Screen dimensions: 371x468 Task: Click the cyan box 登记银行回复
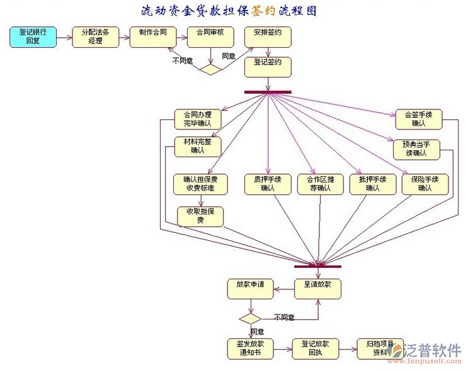[33, 37]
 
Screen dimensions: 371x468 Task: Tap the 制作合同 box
[152, 37]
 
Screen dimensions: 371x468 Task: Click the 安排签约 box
[268, 37]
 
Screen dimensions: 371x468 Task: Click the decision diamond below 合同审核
[210, 69]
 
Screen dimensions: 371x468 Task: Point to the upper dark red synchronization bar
[268, 92]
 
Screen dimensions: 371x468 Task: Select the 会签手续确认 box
[418, 119]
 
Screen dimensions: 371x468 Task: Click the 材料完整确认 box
[197, 146]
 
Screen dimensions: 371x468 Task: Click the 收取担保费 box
[200, 216]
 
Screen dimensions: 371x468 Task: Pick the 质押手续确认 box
[268, 184]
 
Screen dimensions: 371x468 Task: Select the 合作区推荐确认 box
[320, 184]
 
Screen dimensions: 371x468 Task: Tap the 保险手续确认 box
[425, 184]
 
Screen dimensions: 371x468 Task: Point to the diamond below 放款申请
[251, 318]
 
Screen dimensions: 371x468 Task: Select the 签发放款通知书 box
[250, 348]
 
